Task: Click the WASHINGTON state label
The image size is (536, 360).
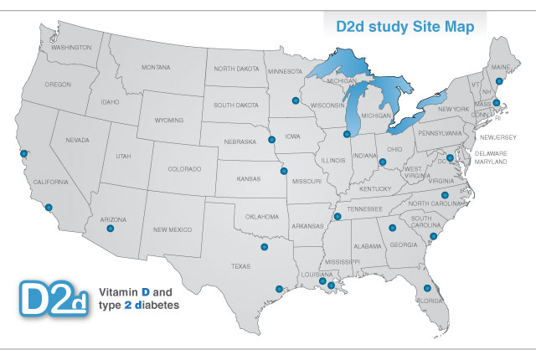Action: [x=71, y=48]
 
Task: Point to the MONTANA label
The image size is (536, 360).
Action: [x=157, y=67]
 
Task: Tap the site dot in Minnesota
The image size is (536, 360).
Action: [x=295, y=100]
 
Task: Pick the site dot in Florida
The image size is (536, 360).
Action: [x=427, y=288]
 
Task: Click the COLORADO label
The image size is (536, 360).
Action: [x=185, y=168]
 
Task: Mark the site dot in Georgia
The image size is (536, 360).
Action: [x=392, y=227]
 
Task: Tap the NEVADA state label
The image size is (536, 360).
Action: [x=78, y=141]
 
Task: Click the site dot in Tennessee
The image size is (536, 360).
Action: [x=338, y=217]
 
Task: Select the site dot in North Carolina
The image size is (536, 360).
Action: [x=445, y=195]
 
